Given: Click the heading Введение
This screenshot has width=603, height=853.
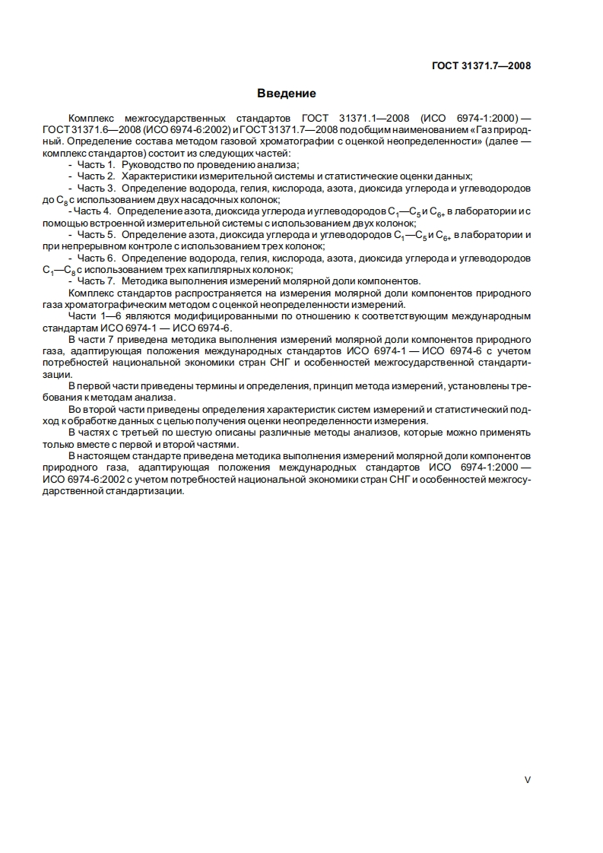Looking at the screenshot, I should pyautogui.click(x=286, y=94).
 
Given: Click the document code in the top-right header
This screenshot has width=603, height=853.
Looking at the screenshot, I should pyautogui.click(x=481, y=65).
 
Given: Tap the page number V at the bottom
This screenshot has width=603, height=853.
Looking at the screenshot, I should pyautogui.click(x=527, y=779).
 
